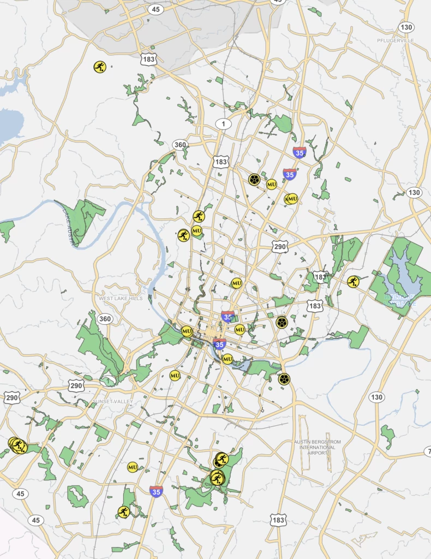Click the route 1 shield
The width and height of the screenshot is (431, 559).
tap(223, 124)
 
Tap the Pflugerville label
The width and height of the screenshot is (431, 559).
tap(396, 40)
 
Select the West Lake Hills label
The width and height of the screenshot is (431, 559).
tap(121, 299)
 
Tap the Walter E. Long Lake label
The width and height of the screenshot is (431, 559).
tap(402, 299)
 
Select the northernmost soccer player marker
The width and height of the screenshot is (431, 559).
tap(99, 67)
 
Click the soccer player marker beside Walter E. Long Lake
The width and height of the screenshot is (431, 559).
tap(353, 282)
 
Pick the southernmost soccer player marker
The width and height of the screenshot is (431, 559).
tap(124, 512)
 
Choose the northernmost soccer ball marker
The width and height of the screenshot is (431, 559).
tap(254, 179)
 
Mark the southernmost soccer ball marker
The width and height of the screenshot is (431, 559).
tap(284, 379)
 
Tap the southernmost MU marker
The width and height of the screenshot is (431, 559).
tap(133, 467)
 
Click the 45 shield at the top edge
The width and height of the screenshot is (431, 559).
tap(157, 9)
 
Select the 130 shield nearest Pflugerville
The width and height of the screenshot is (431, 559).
tap(406, 27)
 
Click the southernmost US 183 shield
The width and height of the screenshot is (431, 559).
tap(278, 520)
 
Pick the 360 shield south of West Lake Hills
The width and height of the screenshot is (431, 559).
tap(104, 319)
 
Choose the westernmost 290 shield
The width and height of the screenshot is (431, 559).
tap(11, 397)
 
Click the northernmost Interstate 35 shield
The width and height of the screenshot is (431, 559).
tap(300, 152)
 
